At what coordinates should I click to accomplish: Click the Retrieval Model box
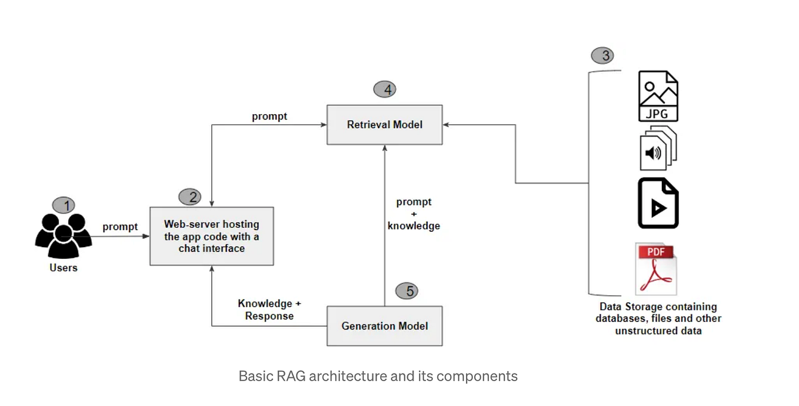385,125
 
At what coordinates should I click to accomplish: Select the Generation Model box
385,326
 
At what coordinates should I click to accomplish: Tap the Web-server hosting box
212,236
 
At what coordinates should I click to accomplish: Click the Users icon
64,235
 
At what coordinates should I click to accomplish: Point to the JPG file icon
658,96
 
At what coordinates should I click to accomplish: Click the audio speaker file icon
658,148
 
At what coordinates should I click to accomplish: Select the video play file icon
658,203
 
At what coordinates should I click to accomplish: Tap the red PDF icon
656,269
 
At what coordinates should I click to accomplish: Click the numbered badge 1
64,205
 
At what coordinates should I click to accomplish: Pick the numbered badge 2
190,197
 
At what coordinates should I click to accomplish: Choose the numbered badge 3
602,56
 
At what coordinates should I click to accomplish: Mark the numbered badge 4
385,89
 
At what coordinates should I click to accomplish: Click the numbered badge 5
407,291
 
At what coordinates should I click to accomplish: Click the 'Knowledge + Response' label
269,310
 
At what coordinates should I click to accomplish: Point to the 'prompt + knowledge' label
414,214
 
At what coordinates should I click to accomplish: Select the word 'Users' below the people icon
64,268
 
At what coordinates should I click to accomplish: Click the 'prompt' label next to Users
120,227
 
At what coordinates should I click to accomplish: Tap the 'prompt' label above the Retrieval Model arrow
269,117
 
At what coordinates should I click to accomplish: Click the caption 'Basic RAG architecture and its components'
378,376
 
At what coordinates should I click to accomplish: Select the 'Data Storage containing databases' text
658,312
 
